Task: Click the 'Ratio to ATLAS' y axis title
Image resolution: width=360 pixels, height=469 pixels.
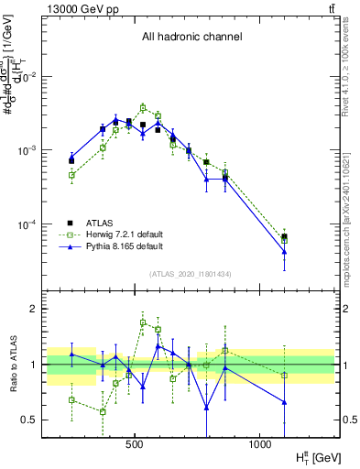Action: coord(12,364)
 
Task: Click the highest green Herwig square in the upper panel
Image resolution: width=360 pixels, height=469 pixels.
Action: coord(143,107)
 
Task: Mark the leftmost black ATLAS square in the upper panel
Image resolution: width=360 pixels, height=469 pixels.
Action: coord(71,160)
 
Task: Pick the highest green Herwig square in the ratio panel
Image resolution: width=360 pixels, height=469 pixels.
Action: coord(143,322)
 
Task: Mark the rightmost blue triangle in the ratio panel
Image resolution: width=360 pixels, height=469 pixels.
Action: coord(284,402)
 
